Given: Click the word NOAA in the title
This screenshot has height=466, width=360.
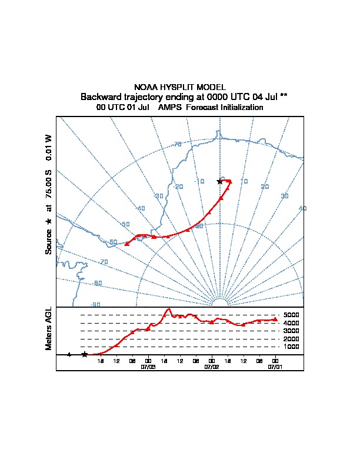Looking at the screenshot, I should click(x=145, y=87).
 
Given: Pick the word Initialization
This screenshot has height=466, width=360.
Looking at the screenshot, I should click(x=241, y=108).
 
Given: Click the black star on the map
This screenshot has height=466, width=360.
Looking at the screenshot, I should click(x=220, y=181).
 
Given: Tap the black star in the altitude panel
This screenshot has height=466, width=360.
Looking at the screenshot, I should click(x=85, y=354).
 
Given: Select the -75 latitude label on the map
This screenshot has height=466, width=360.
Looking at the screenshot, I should click(x=177, y=145).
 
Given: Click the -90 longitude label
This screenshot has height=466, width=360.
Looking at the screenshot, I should click(x=95, y=304).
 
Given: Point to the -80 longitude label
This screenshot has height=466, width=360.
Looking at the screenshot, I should click(x=97, y=284).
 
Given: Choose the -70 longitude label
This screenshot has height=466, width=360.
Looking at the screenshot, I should click(x=104, y=262).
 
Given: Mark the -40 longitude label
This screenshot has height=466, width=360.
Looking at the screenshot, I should click(x=140, y=209).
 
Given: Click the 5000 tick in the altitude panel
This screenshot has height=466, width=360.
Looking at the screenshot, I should click(x=291, y=315).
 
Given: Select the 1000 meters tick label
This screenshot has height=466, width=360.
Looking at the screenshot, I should click(x=291, y=347).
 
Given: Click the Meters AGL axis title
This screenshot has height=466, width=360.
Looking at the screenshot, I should click(x=49, y=328).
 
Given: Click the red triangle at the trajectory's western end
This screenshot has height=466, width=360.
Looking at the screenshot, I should click(x=126, y=244).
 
